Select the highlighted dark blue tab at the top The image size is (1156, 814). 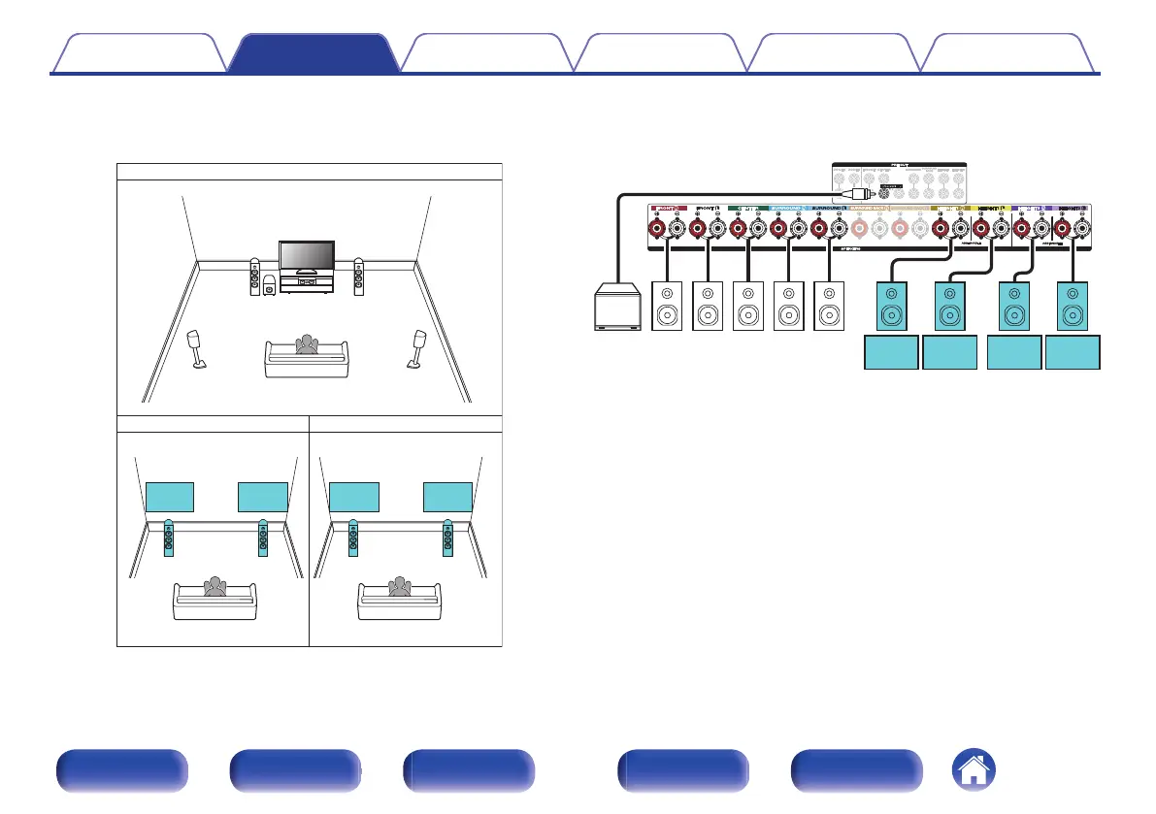pyautogui.click(x=314, y=53)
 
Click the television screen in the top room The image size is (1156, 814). pyautogui.click(x=307, y=255)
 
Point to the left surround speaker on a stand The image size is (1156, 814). pyautogui.click(x=196, y=347)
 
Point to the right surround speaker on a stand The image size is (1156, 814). pyautogui.click(x=420, y=347)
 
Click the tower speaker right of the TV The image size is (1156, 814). pyautogui.click(x=359, y=277)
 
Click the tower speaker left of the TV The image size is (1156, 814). pyautogui.click(x=254, y=277)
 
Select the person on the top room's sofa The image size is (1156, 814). pyautogui.click(x=308, y=346)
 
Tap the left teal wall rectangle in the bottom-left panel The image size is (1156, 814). pyautogui.click(x=170, y=497)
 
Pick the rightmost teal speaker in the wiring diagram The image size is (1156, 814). pyautogui.click(x=1073, y=306)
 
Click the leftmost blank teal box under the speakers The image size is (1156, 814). pyautogui.click(x=891, y=353)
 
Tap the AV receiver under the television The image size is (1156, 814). pyautogui.click(x=307, y=284)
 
